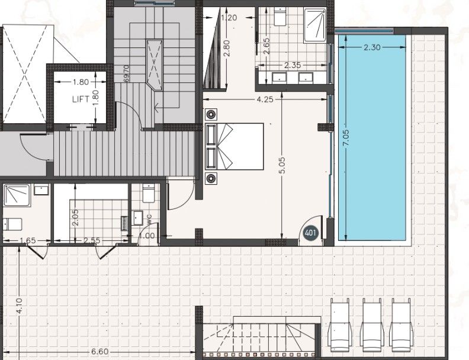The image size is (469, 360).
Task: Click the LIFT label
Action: click(81, 99)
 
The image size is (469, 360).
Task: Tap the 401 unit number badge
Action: click(310, 233)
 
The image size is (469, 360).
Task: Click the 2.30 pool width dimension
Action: click(372, 47)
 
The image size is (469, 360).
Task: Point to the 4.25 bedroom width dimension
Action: click(265, 99)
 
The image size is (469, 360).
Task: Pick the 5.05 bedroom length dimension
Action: click(282, 165)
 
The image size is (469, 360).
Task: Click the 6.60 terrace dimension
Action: click(99, 352)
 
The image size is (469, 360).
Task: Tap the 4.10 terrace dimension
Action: click(20, 306)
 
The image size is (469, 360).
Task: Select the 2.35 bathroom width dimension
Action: click(292, 65)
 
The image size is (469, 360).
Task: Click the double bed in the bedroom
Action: click(234, 146)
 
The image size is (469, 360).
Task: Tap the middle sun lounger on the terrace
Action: click(372, 325)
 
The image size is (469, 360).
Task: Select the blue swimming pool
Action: click(372, 137)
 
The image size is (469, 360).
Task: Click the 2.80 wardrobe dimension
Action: click(227, 49)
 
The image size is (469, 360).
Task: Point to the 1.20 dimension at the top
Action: click(229, 17)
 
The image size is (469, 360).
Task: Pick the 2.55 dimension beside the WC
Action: click(93, 240)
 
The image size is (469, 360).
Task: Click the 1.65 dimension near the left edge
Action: click(27, 240)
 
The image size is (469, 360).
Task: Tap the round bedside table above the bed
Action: click(211, 114)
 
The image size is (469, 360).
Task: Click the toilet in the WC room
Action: click(149, 193)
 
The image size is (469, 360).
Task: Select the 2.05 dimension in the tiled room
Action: click(75, 217)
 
